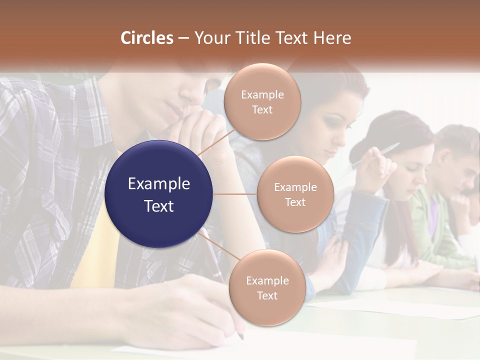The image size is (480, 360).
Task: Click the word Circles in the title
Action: (146, 38)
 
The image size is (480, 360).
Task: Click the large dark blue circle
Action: (158, 194)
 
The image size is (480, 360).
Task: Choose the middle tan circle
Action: (295, 194)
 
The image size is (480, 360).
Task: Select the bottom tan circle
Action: (267, 287)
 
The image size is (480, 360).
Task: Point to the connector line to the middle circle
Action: (235, 194)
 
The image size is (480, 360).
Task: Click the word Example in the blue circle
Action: (158, 184)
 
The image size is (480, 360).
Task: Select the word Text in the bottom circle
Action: (267, 295)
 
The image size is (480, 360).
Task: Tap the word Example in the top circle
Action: (262, 94)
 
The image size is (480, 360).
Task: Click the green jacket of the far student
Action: (430, 225)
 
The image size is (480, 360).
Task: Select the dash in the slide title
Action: (183, 38)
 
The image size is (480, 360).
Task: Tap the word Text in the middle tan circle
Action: (295, 202)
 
